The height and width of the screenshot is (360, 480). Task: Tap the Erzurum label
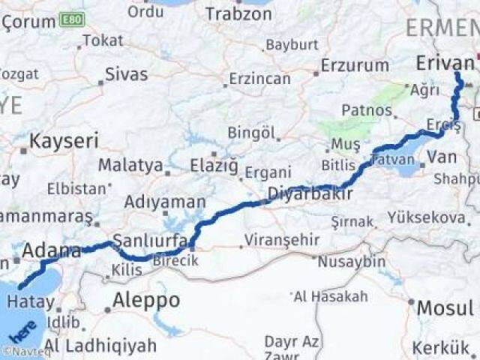(x=355, y=65)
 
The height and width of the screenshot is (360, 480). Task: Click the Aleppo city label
(x=146, y=301)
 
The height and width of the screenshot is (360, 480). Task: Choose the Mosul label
(x=445, y=307)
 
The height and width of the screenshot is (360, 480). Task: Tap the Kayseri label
(x=64, y=140)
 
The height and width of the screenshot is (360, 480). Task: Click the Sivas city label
(x=126, y=74)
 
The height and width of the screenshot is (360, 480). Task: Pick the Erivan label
(x=445, y=64)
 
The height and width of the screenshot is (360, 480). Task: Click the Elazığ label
(x=214, y=164)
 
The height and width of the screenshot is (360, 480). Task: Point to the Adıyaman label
(x=165, y=202)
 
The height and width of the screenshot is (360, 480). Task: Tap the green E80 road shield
(x=72, y=18)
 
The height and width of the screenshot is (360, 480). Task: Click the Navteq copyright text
(x=22, y=351)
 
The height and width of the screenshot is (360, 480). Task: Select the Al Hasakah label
(x=331, y=296)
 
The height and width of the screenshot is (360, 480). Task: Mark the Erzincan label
(x=259, y=78)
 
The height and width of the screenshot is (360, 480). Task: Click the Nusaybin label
(x=351, y=262)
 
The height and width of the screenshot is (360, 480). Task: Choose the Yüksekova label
(x=426, y=217)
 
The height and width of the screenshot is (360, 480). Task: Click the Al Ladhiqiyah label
(x=110, y=345)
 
